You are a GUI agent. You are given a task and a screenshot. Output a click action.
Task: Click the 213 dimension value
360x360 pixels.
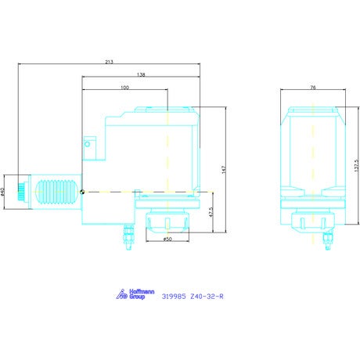pos(109,62)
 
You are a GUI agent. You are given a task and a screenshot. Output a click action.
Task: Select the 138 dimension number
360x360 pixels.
pos(141,75)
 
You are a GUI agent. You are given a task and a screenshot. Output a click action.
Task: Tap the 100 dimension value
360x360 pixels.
pos(124,88)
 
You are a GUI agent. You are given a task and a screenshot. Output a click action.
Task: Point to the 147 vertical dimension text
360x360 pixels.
pos(224,170)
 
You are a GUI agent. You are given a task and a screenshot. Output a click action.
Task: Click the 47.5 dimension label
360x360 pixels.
pos(211,212)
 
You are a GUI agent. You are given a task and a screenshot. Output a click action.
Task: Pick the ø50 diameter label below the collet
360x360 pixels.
pos(167,239)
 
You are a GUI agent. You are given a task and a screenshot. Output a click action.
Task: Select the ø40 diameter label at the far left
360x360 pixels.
pos(2,192)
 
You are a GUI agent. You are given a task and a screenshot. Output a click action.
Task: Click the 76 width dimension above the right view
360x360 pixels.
pos(313,88)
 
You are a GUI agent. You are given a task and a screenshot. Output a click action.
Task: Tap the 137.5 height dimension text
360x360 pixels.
pos(357,165)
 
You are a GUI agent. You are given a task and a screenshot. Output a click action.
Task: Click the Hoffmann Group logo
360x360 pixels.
pos(135,294)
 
